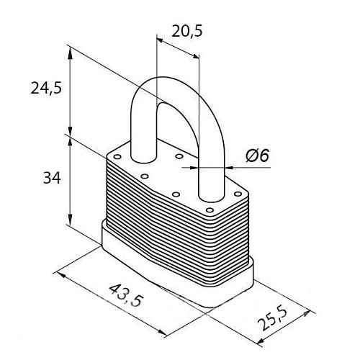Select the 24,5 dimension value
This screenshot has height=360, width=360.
(x=46, y=88)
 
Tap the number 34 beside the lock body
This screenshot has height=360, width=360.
(x=52, y=178)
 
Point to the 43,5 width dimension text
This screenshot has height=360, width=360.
(x=126, y=295)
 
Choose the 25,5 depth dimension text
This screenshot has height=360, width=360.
(x=271, y=319)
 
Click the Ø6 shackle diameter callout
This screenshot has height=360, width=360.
(x=257, y=156)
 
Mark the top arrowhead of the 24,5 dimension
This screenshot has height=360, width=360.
(x=70, y=53)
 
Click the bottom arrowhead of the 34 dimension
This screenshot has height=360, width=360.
(x=70, y=220)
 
